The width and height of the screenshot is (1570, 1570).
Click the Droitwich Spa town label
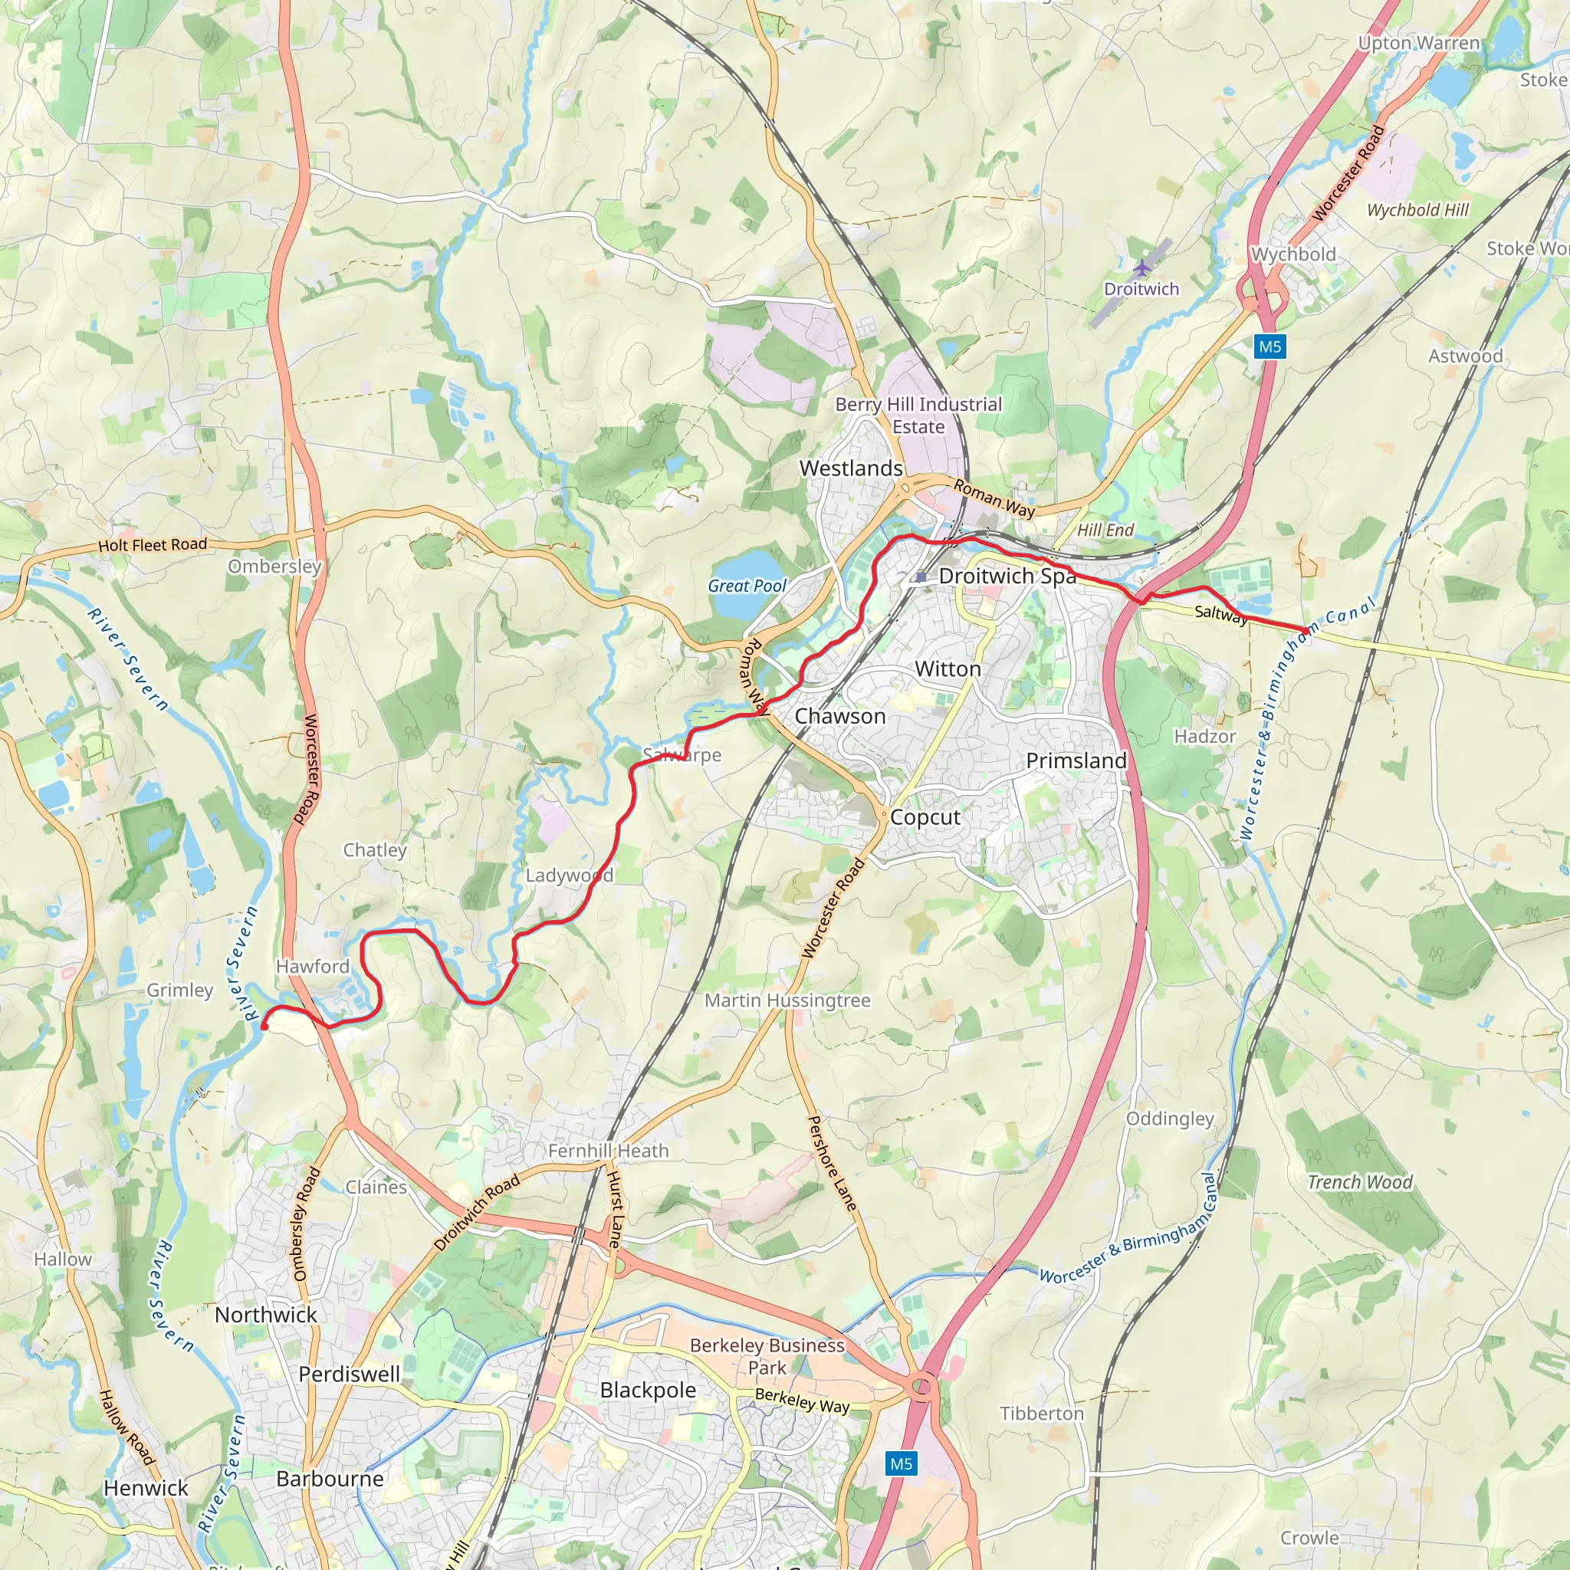(x=1007, y=576)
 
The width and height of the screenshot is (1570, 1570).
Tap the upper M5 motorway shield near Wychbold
(x=1269, y=347)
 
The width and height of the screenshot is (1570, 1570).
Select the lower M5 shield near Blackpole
(x=901, y=1463)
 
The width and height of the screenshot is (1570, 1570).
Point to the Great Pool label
(x=747, y=585)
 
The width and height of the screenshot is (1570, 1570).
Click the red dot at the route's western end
(x=264, y=1027)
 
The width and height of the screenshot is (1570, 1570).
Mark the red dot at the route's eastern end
(x=1305, y=631)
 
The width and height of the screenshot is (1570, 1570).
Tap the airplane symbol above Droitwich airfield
(x=1142, y=267)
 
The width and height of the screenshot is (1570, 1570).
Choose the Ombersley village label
(x=274, y=567)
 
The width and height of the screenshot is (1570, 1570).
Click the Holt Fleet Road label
(x=153, y=544)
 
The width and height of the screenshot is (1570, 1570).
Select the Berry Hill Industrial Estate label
(x=918, y=415)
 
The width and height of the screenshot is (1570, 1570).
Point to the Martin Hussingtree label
(x=787, y=1000)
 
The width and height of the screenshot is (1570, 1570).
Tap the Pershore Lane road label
(x=831, y=1163)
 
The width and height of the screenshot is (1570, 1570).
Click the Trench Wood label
(x=1359, y=1182)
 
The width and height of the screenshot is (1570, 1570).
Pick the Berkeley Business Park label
(x=767, y=1356)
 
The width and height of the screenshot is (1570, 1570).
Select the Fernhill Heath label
(x=608, y=1151)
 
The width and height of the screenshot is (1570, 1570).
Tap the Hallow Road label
(x=126, y=1427)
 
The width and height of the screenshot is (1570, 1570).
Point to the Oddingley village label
(x=1169, y=1118)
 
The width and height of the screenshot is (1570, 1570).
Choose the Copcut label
(x=925, y=817)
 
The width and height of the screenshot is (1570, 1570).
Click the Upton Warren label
(x=1419, y=43)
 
